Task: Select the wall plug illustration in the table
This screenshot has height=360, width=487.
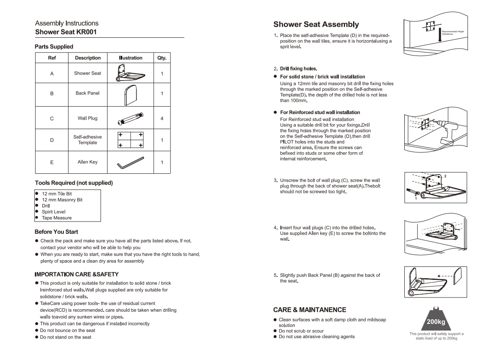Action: (131, 119)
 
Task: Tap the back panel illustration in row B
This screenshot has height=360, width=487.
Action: (130, 95)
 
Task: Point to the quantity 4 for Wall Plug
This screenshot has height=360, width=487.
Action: (162, 118)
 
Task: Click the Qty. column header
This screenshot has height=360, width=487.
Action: (162, 58)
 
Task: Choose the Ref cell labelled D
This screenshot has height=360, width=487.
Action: (52, 140)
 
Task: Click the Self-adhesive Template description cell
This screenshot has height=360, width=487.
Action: (88, 140)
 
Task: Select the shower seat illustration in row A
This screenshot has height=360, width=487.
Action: (130, 73)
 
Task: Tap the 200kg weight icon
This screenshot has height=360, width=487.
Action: (436, 318)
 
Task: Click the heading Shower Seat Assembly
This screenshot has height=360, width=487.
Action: (316, 24)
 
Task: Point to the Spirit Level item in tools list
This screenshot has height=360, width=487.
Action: (54, 211)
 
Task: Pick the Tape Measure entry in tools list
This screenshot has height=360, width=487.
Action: (57, 218)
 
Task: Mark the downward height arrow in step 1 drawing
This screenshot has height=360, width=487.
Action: (440, 35)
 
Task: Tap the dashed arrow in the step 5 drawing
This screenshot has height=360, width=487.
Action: (445, 276)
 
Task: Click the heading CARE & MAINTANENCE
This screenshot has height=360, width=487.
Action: (310, 310)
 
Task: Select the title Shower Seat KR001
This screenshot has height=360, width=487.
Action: (66, 32)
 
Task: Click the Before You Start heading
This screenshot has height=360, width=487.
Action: (56, 232)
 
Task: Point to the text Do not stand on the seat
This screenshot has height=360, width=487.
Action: (65, 337)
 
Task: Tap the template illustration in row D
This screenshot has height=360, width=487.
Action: (131, 140)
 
